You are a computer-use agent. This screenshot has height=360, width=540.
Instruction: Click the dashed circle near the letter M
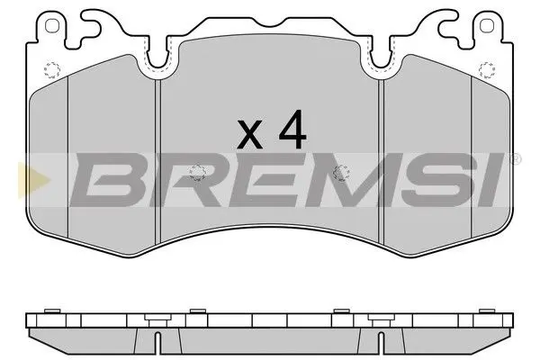coord(339,173)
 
